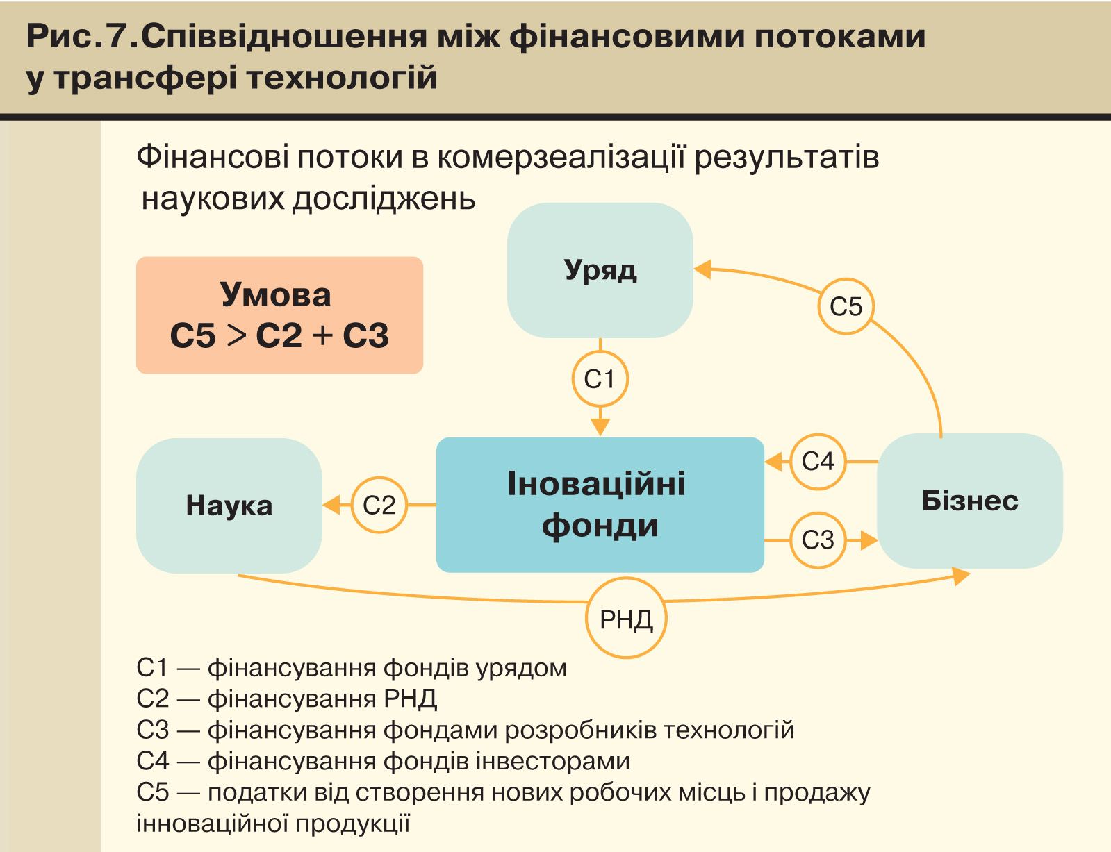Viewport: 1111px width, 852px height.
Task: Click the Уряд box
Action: click(x=600, y=270)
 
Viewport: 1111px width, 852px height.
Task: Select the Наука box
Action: click(x=229, y=505)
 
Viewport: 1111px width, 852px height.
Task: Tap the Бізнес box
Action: click(x=970, y=501)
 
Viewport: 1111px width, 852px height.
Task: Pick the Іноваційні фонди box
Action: click(x=600, y=505)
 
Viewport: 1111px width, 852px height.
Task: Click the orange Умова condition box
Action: click(x=279, y=315)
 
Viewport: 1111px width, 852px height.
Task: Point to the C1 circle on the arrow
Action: click(x=600, y=379)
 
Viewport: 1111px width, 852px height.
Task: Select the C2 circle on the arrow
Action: click(x=379, y=505)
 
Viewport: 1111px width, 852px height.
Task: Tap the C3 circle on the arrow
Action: click(x=818, y=540)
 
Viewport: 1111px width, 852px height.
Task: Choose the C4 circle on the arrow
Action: click(x=818, y=461)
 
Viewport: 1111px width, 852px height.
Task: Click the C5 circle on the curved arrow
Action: click(x=846, y=306)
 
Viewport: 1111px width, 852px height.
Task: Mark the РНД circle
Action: click(x=626, y=618)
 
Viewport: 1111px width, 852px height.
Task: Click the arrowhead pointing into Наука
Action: click(x=332, y=505)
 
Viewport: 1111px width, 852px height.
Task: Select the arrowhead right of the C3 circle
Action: click(x=869, y=540)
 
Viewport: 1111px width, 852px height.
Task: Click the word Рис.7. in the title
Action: click(x=82, y=36)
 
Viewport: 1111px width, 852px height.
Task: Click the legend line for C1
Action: click(x=352, y=668)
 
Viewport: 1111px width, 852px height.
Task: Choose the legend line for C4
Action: click(x=383, y=761)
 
